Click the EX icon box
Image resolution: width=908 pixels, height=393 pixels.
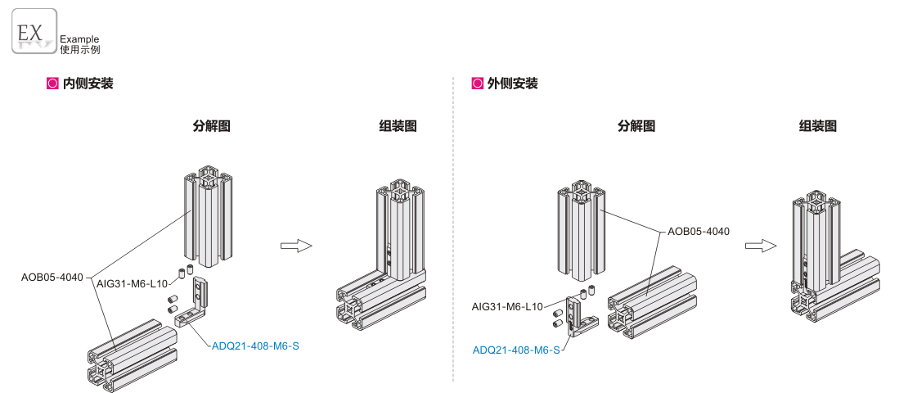pyautogui.click(x=34, y=33)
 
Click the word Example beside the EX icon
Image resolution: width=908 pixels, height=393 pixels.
pyautogui.click(x=79, y=38)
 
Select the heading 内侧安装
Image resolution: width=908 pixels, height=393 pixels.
pyautogui.click(x=88, y=84)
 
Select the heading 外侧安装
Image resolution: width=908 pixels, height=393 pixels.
pyautogui.click(x=513, y=84)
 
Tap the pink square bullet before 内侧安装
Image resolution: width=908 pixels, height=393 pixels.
pyautogui.click(x=53, y=84)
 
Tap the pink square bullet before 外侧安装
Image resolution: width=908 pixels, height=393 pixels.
pyautogui.click(x=478, y=84)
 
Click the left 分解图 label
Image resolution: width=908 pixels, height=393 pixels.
pyautogui.click(x=211, y=126)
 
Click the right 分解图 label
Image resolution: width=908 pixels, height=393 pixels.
pyautogui.click(x=636, y=126)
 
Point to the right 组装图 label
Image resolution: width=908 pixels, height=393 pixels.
pyautogui.click(x=817, y=126)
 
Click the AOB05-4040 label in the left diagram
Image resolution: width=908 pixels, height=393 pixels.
pyautogui.click(x=52, y=277)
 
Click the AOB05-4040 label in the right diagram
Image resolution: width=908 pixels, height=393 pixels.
pyautogui.click(x=699, y=231)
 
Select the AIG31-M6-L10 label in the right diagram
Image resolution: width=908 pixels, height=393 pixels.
pyautogui.click(x=507, y=307)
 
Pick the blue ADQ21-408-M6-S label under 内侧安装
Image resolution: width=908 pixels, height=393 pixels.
pyautogui.click(x=255, y=346)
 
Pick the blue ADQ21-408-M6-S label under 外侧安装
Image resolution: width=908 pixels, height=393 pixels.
pyautogui.click(x=516, y=350)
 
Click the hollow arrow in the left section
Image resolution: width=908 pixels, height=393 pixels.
pyautogui.click(x=295, y=245)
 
